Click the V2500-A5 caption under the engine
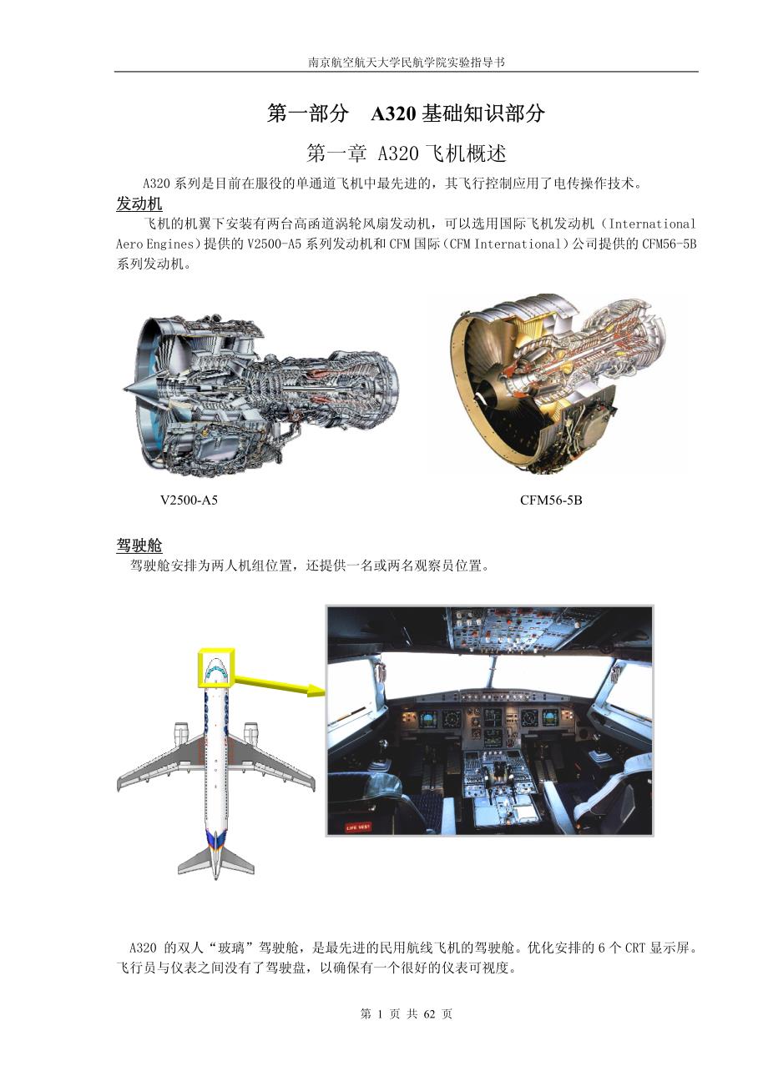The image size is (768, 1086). point(189,500)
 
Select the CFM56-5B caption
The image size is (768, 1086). point(551,500)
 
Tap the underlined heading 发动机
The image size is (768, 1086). point(139,204)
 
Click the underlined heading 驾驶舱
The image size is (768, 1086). point(139,546)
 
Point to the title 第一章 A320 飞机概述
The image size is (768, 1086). point(407,153)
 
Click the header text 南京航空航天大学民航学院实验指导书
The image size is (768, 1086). point(407,63)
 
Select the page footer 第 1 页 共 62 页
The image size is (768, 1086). point(407,1014)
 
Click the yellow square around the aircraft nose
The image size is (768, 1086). point(216,667)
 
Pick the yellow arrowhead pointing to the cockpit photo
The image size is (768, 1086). point(313,690)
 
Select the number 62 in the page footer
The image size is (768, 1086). point(431,1014)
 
